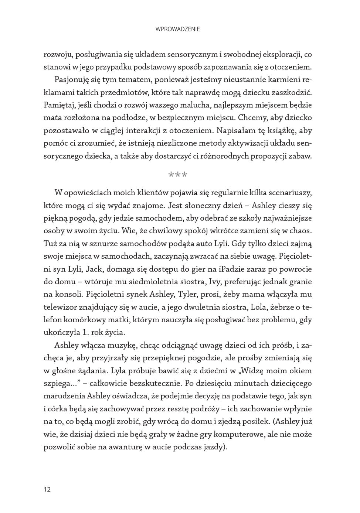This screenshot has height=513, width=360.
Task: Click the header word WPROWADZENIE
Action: click(178, 29)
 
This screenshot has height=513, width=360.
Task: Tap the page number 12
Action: click(47, 489)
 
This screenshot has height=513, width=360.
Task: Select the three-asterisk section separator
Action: click(178, 174)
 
